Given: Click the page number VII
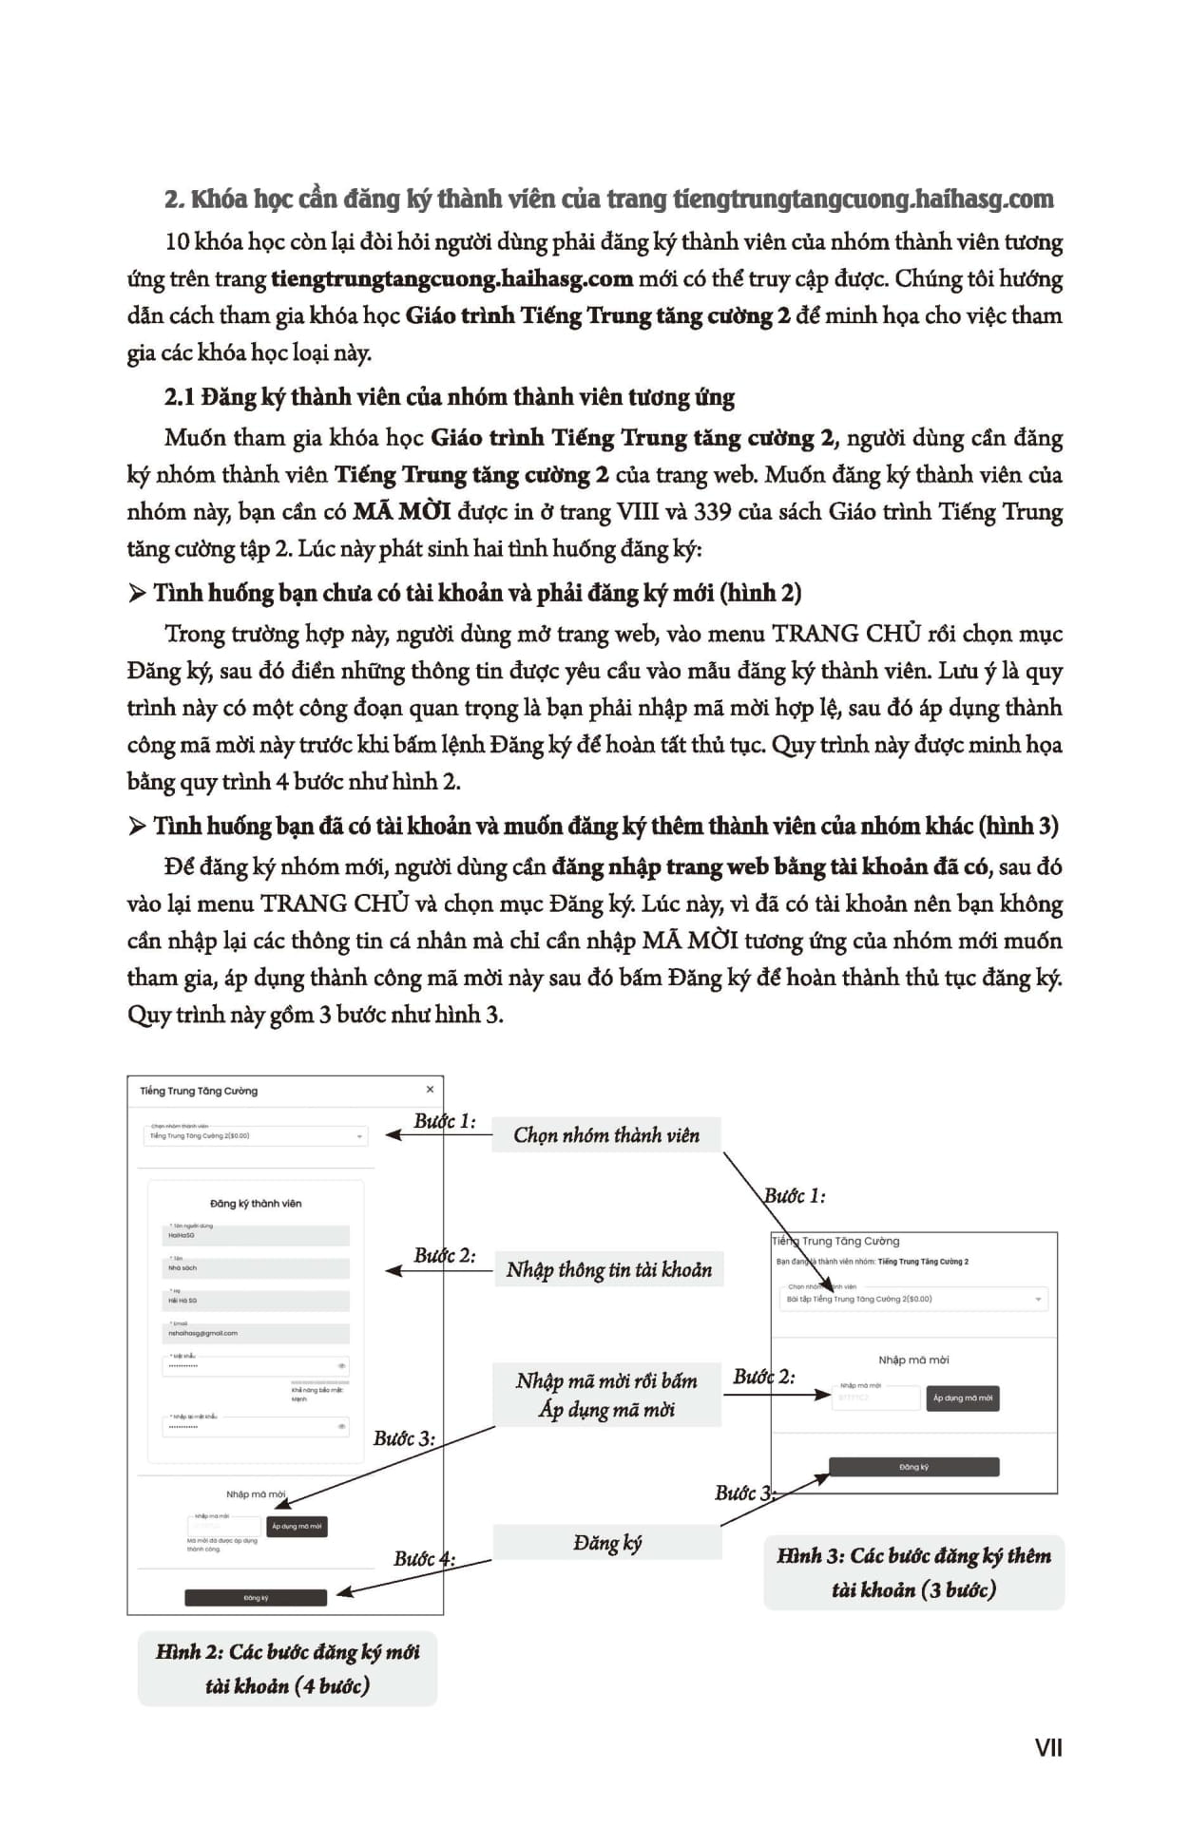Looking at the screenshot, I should coord(1047,1747).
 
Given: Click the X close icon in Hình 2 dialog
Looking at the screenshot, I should coord(430,1090).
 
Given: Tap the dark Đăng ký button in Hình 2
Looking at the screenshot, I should coord(256,1598).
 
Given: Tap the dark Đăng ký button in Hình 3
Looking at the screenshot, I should coord(913,1467).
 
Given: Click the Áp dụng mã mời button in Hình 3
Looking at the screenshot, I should coord(962,1398).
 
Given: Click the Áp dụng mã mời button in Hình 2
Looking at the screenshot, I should coord(297,1527).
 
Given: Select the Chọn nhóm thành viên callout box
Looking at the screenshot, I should coord(605,1135).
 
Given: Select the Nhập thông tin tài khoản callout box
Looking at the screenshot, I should coord(608,1270).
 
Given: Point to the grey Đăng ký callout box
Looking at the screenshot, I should coord(606,1543).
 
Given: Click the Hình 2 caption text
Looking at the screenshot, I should coord(287,1669).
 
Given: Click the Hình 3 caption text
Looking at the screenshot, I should coord(913,1572).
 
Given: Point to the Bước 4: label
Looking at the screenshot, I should coord(424,1559).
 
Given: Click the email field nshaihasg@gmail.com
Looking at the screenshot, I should coord(255,1333).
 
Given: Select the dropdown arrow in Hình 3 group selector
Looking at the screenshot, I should coord(1037,1299).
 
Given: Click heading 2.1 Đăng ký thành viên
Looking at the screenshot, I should coord(449,397).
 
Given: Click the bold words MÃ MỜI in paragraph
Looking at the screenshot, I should coord(401,512).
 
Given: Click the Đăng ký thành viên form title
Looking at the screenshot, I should coord(256,1204).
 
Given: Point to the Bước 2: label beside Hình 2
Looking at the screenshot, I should coord(444,1255).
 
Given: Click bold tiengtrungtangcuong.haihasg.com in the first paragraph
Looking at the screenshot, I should coord(451,279).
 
